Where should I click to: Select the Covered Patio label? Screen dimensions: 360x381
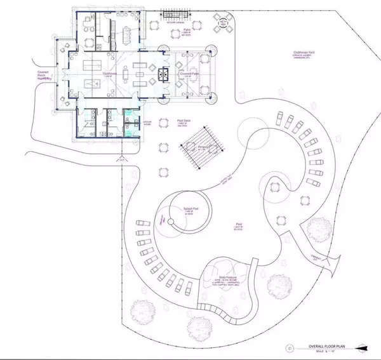click(x=191, y=74)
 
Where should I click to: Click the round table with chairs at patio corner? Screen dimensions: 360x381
click(x=222, y=26)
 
